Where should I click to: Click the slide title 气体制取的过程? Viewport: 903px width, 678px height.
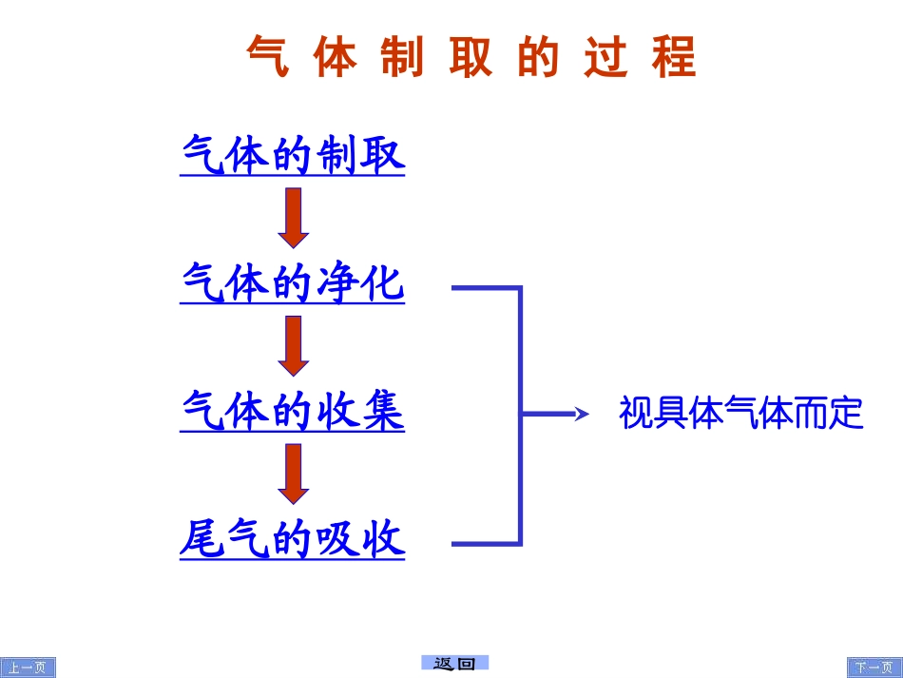471,57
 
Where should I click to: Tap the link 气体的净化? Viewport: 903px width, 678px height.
293,283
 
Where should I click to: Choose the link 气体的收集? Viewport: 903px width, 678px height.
293,412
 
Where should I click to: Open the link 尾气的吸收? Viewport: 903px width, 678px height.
293,540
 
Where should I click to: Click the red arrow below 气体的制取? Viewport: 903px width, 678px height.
294,218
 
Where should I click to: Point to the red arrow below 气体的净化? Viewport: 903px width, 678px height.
294,346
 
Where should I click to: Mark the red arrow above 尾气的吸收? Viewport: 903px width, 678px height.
294,474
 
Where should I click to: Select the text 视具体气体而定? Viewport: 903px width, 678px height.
740,414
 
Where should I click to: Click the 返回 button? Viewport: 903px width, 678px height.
454,664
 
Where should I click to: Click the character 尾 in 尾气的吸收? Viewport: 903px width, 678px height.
202,540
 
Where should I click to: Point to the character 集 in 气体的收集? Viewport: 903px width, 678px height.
383,412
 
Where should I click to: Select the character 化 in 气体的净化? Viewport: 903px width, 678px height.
383,283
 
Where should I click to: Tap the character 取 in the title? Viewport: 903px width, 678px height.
472,57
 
